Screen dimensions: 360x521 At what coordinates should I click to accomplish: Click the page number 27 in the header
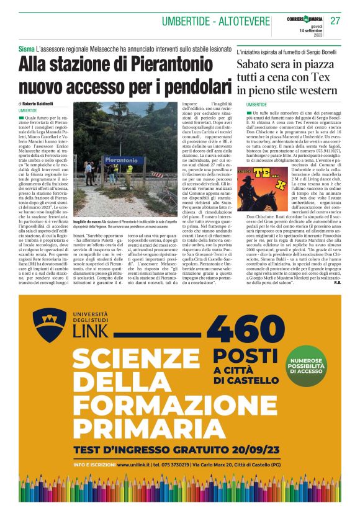click(x=336, y=20)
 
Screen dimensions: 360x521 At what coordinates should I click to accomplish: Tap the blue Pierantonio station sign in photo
click(x=108, y=161)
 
